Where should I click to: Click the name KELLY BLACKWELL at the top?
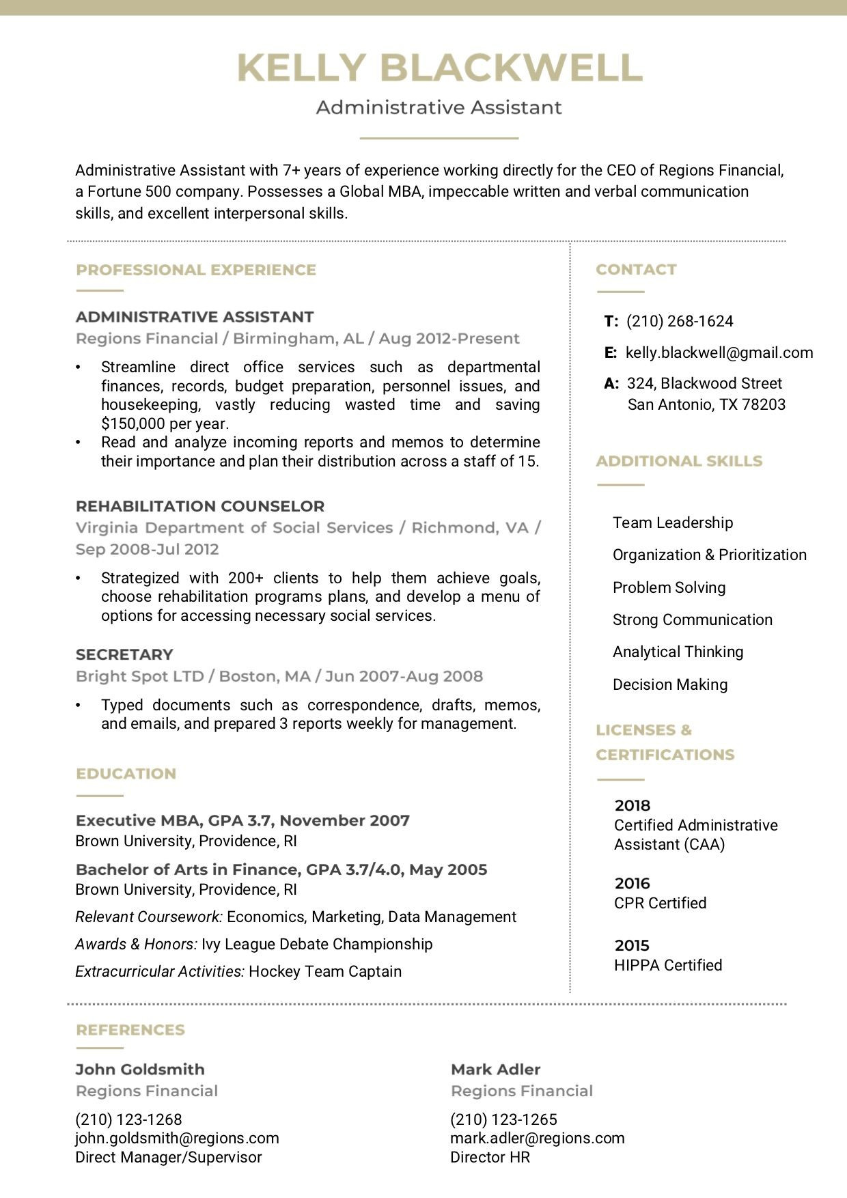pyautogui.click(x=439, y=68)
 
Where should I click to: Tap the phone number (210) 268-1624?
pyautogui.click(x=680, y=321)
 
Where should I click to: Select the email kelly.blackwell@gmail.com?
pyautogui.click(x=719, y=352)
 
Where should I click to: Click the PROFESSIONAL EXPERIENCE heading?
pyautogui.click(x=196, y=270)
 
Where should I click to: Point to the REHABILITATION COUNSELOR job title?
pyautogui.click(x=200, y=506)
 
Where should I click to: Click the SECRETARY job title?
pyautogui.click(x=124, y=654)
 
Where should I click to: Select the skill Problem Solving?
pyautogui.click(x=669, y=587)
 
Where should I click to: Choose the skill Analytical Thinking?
pyautogui.click(x=678, y=652)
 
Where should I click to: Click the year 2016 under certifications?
pyautogui.click(x=632, y=883)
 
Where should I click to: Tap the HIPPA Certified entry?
pyautogui.click(x=668, y=965)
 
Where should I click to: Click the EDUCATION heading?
pyautogui.click(x=126, y=774)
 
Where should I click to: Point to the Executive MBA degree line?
pyautogui.click(x=242, y=820)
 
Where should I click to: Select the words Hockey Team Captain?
pyautogui.click(x=325, y=971)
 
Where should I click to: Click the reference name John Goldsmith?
pyautogui.click(x=140, y=1070)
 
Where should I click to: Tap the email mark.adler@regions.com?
pyautogui.click(x=538, y=1138)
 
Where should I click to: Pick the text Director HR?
pyautogui.click(x=490, y=1157)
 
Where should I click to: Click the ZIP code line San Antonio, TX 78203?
pyautogui.click(x=706, y=404)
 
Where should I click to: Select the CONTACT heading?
pyautogui.click(x=636, y=270)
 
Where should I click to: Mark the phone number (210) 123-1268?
pyautogui.click(x=128, y=1119)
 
